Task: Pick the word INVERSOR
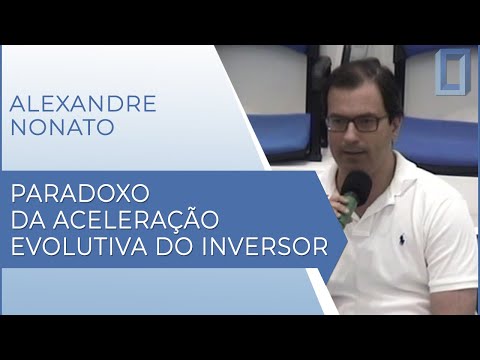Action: (x=274, y=245)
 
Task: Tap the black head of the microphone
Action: (x=356, y=185)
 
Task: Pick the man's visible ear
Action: (x=395, y=125)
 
